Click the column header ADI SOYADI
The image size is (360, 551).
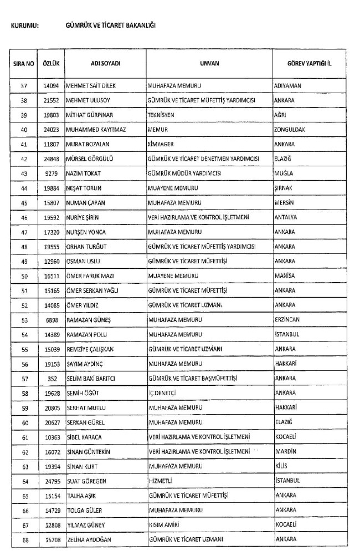point(105,63)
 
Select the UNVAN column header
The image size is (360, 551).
point(209,63)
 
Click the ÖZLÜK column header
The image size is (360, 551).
point(51,63)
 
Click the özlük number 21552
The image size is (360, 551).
point(52,101)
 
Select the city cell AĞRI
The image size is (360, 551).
point(281,115)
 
